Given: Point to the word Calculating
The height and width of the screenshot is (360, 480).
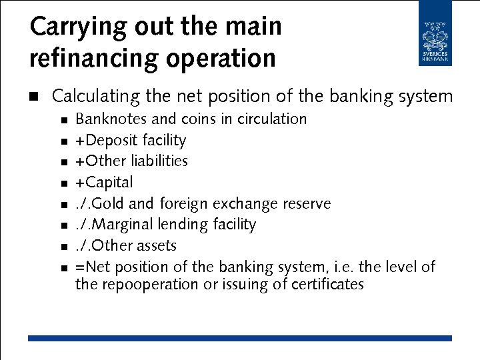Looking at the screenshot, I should (96, 97).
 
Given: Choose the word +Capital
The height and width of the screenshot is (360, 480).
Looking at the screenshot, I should (104, 183).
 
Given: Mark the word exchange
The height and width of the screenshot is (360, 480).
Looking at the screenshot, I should (243, 203).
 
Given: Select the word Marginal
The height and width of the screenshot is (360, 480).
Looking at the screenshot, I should (118, 225).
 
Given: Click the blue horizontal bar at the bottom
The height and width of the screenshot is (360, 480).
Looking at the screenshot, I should (240, 339).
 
